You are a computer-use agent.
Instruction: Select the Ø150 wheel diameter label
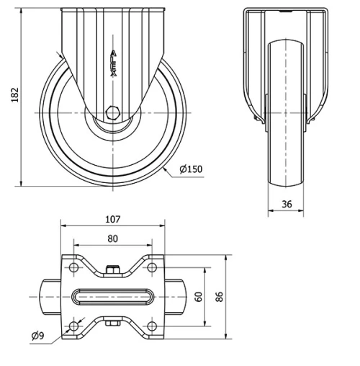pyautogui.click(x=189, y=169)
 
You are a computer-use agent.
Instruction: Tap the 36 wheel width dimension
pyautogui.click(x=287, y=204)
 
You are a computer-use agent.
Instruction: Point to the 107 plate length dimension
pyautogui.click(x=112, y=219)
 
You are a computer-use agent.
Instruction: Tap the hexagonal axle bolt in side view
pyautogui.click(x=112, y=113)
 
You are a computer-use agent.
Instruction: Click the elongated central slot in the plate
pyautogui.click(x=112, y=296)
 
